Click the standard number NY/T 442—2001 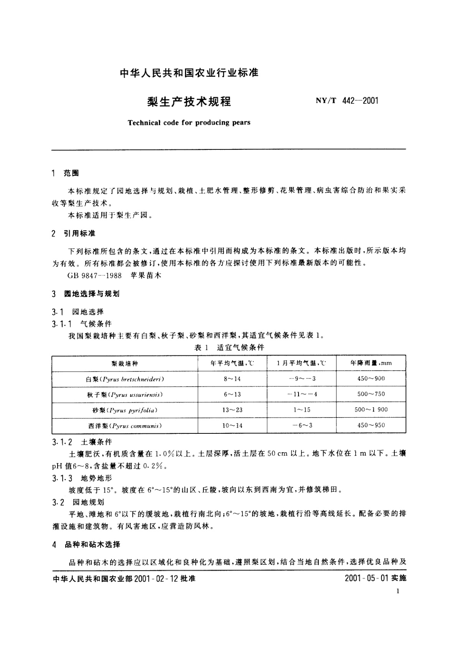pos(347,101)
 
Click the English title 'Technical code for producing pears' pos(189,123)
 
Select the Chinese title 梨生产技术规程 pos(189,101)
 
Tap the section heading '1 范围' pos(65,173)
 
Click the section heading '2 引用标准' pos(74,234)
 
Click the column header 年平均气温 pos(232,363)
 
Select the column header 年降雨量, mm pos(371,363)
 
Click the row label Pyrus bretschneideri pos(125,379)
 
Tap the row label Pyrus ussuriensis pos(125,395)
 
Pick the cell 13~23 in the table pos(232,410)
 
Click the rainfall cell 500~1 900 pos(371,410)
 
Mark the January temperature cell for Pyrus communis pos(302,426)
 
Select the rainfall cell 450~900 pos(371,379)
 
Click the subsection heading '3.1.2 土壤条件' pos(82,442)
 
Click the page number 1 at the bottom pos(398,591)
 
